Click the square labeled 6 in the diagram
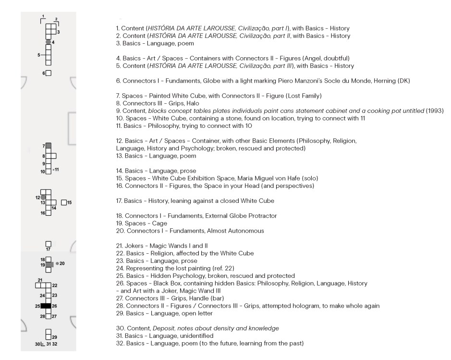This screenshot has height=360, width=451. (x=49, y=73)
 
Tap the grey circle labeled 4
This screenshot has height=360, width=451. (x=48, y=42)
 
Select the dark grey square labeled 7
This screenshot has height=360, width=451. (x=48, y=146)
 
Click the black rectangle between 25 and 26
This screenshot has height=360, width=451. (x=46, y=306)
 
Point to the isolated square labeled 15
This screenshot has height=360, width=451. (x=64, y=202)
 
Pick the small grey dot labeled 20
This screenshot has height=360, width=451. (x=57, y=263)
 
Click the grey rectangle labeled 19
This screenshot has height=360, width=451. (x=49, y=264)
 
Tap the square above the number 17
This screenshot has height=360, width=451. (x=48, y=243)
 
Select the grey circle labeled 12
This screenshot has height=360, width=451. (x=43, y=197)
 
